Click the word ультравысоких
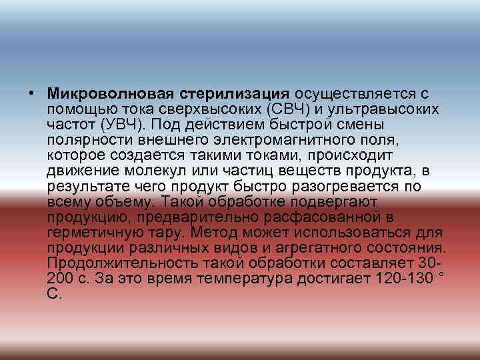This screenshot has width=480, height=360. click(382, 109)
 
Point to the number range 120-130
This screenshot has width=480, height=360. click(391, 278)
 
